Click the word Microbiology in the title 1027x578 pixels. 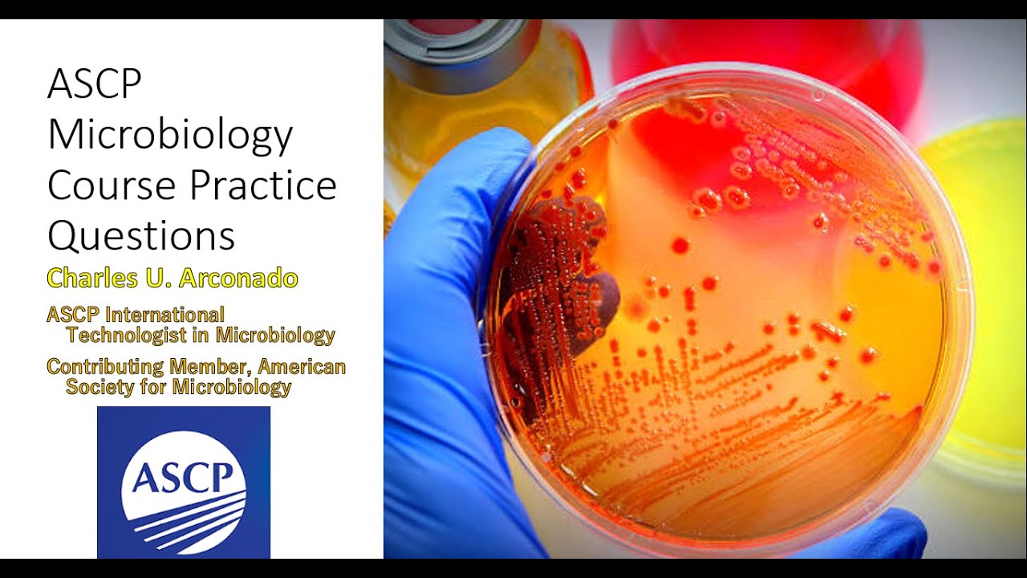[x=170, y=136]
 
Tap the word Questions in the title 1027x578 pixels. [x=141, y=237]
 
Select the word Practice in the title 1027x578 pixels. [x=273, y=186]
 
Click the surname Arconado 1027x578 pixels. [x=238, y=278]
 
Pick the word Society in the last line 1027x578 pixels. [x=99, y=387]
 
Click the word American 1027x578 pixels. [x=302, y=367]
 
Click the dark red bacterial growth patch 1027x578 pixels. [x=562, y=273]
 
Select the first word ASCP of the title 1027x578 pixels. [x=95, y=84]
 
